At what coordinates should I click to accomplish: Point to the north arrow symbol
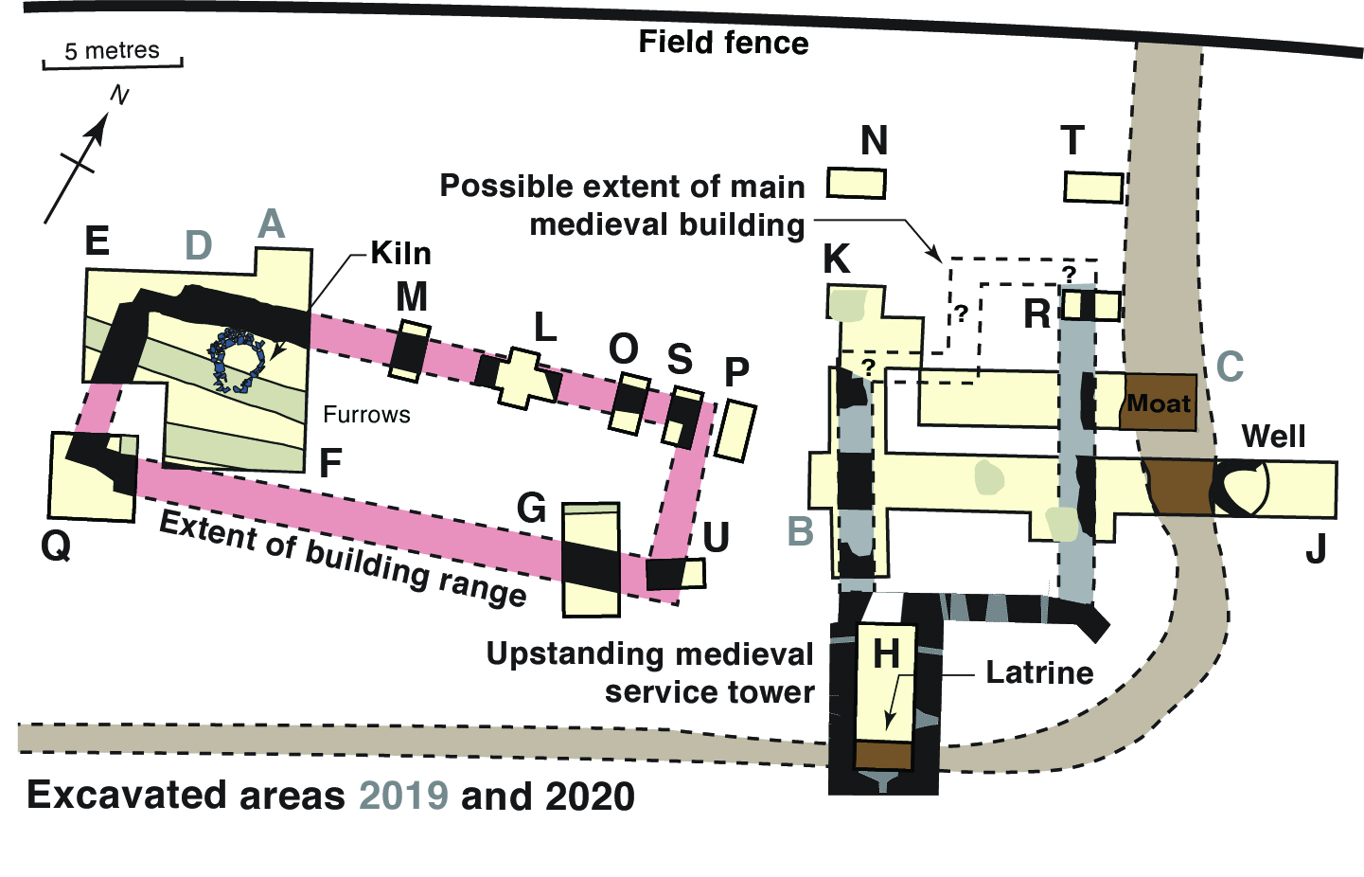coord(80,156)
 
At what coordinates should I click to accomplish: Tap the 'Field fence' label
coord(723,43)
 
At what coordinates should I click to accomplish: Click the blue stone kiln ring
coord(237,360)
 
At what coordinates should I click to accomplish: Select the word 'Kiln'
coord(400,254)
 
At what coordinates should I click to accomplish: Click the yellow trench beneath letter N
coord(857,183)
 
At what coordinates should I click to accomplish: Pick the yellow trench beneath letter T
coord(1093,187)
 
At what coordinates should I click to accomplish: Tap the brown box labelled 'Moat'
coord(1159,403)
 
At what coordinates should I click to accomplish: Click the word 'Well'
coord(1273,436)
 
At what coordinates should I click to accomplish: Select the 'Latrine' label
coord(1039,673)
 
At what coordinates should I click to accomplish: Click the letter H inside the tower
coord(886,653)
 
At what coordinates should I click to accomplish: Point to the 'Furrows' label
coord(366,415)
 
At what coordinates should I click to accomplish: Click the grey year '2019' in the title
coord(404,796)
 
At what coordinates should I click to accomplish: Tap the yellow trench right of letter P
coord(735,431)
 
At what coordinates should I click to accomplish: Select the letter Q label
coord(56,546)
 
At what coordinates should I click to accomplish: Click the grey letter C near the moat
coord(1230,367)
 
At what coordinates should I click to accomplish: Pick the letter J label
coord(1315,548)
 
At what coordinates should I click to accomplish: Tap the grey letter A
coord(272,224)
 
